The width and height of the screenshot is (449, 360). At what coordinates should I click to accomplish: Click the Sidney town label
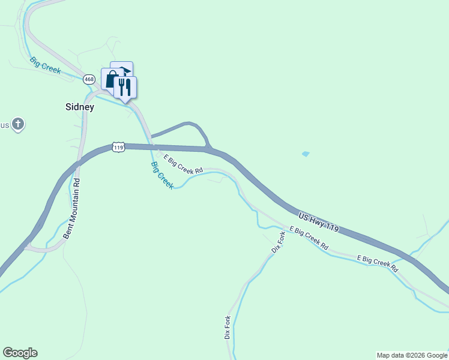coord(80,107)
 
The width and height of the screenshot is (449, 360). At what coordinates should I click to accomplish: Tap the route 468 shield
coord(89,79)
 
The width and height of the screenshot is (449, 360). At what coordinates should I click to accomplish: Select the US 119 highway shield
coord(118,147)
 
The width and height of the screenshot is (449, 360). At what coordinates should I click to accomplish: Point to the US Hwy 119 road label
coord(319,221)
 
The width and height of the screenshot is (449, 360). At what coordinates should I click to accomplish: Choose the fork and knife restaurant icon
coord(125,87)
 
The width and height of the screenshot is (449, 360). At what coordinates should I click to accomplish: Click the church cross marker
coord(18,124)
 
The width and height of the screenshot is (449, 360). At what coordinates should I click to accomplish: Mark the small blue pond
coord(306,154)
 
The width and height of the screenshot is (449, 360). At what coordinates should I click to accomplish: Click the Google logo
coord(20,353)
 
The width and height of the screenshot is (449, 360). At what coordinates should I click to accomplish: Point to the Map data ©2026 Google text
coord(412,355)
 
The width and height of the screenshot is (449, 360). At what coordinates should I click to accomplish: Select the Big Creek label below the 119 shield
coord(162,176)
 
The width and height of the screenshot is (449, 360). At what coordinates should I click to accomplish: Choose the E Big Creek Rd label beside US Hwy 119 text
coord(309,238)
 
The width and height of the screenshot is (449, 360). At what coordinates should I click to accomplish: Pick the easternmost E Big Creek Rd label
coord(378,263)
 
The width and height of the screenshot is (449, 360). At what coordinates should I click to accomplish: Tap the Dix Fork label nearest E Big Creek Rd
coord(277,241)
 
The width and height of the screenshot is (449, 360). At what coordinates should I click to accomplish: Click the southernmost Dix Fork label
coord(228,327)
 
